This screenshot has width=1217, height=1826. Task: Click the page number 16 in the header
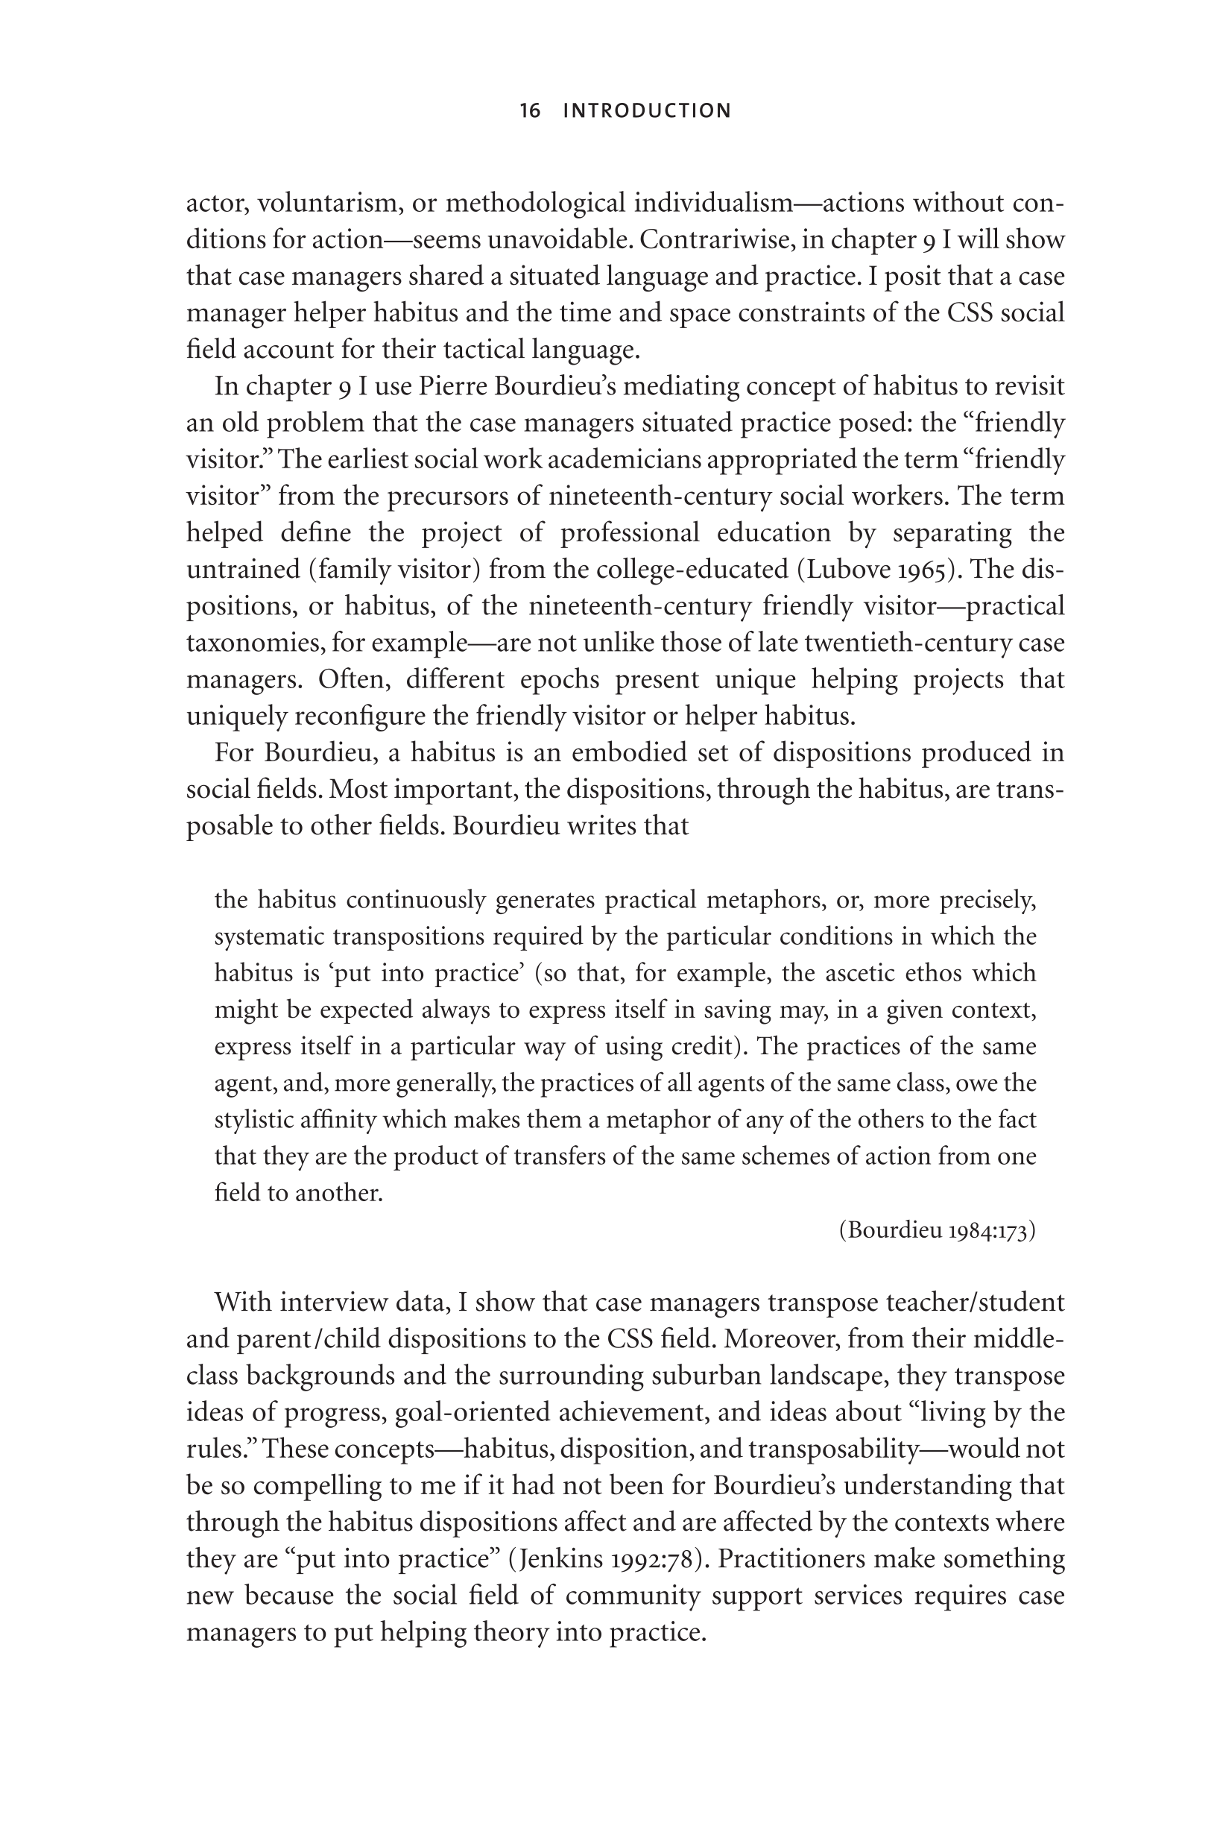(x=530, y=111)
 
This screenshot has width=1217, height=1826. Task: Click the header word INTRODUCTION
(x=648, y=111)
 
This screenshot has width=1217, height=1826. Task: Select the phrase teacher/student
(x=979, y=1303)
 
